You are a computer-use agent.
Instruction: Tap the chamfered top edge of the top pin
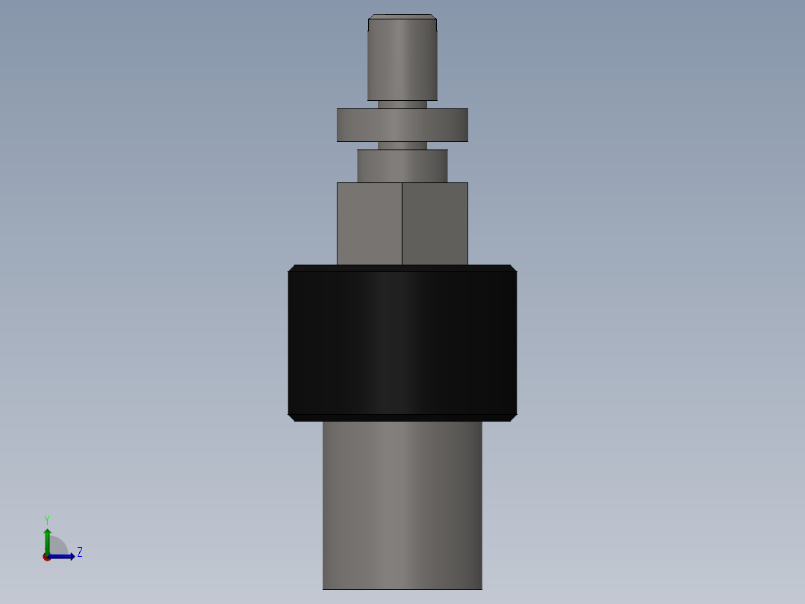point(402,16)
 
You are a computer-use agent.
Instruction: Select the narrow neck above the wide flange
point(402,105)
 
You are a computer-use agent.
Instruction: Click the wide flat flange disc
point(402,125)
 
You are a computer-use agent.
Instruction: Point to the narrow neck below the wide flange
point(402,146)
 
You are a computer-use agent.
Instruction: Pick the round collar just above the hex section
point(402,166)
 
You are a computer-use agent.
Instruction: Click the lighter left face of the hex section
point(369,224)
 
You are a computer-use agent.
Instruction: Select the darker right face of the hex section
point(435,224)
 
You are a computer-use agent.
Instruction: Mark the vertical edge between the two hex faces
point(402,224)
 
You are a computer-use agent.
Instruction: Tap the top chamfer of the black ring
point(402,268)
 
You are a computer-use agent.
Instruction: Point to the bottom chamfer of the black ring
point(402,418)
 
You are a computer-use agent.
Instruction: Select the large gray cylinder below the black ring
point(402,505)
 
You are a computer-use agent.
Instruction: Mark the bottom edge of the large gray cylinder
point(402,589)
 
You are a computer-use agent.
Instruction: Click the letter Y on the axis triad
point(46,519)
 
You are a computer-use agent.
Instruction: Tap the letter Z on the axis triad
point(80,552)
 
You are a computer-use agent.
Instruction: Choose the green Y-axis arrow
point(47,538)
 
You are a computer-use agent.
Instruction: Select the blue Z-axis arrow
point(63,556)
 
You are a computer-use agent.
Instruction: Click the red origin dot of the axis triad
point(46,557)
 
